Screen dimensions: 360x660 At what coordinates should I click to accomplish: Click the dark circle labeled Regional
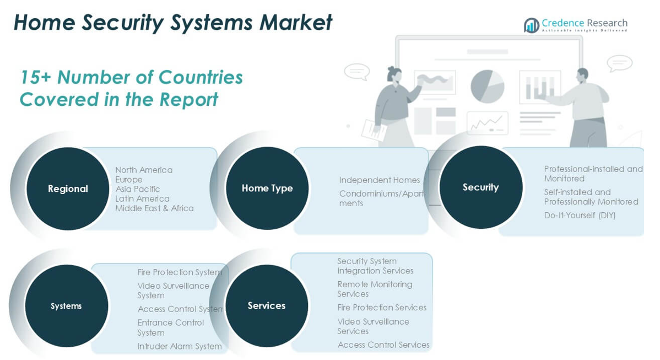[68, 189]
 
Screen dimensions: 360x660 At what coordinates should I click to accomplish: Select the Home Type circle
[267, 188]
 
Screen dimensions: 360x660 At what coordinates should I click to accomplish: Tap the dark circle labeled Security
[480, 187]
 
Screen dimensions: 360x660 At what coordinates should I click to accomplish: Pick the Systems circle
[66, 306]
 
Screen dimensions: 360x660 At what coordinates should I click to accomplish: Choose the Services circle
[267, 305]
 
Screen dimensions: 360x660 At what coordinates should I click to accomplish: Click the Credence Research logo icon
[532, 25]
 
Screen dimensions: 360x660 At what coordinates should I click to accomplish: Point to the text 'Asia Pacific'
[138, 189]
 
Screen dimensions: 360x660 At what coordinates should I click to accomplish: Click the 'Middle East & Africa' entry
[154, 208]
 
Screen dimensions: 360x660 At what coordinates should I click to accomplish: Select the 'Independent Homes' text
[380, 180]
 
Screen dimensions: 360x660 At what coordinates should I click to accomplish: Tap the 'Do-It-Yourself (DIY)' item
[580, 216]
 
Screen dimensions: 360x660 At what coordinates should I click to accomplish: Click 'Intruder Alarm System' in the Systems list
[180, 346]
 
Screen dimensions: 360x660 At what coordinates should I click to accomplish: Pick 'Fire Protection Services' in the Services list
[382, 308]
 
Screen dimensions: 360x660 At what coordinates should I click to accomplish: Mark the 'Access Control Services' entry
[383, 345]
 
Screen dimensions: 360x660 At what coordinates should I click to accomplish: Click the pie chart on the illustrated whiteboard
[487, 86]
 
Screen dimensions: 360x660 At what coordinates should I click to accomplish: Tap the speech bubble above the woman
[356, 72]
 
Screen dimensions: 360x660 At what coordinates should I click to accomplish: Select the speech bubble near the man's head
[619, 63]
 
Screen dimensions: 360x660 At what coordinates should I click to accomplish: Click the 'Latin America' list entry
[142, 198]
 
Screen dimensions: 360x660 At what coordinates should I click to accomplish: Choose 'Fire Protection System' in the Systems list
[180, 272]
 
